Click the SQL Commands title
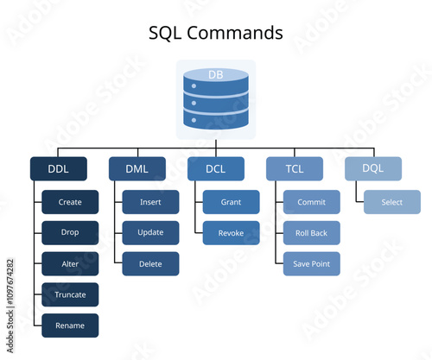[216, 34]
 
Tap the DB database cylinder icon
[216, 100]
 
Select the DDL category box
[59, 169]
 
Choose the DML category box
[137, 169]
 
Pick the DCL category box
[216, 169]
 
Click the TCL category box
[294, 169]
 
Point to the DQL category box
[373, 169]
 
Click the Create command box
[70, 202]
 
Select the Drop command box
[70, 233]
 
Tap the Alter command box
[70, 264]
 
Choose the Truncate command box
[70, 294]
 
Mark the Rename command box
[70, 325]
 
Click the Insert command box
[150, 202]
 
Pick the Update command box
[150, 233]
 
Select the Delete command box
[150, 264]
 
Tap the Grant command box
[231, 202]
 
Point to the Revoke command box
[231, 233]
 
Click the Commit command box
[311, 202]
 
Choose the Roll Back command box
[311, 233]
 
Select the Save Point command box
[311, 264]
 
